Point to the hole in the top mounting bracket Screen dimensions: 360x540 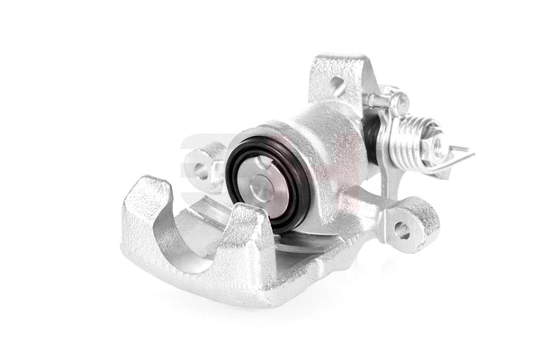(337, 86)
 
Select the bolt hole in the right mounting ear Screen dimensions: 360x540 (401, 229)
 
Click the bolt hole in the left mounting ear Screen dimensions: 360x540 (200, 167)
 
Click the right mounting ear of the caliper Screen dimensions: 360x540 (409, 220)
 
